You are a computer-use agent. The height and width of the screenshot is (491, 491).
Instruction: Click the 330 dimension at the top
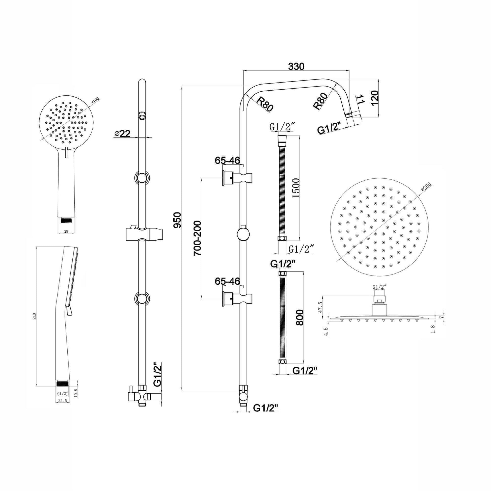click(296, 66)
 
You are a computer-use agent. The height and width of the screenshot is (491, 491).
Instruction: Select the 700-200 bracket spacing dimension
click(197, 238)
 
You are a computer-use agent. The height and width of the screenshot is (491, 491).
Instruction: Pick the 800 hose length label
click(300, 317)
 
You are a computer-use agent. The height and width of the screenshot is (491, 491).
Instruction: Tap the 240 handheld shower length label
click(35, 316)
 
